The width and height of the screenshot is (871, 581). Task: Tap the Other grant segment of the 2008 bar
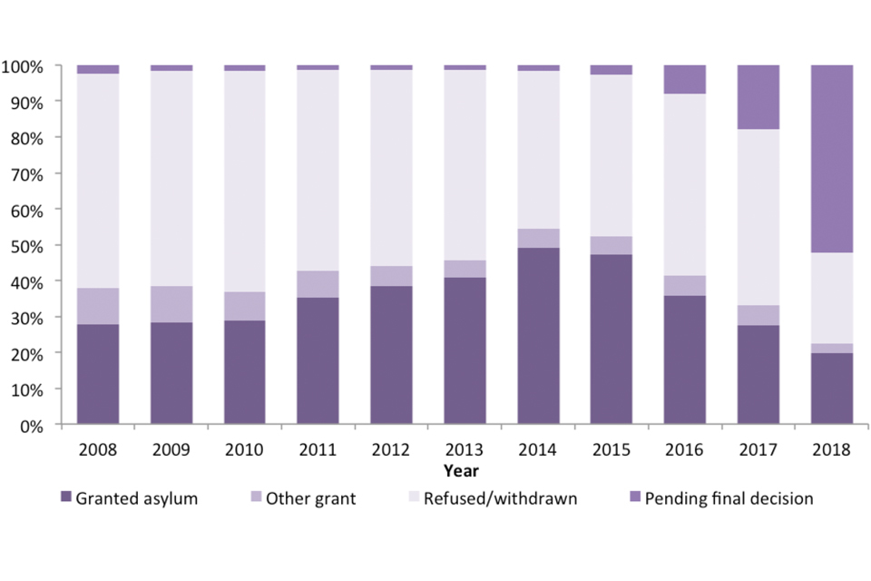98,306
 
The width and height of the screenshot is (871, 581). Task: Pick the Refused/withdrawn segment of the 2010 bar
244,182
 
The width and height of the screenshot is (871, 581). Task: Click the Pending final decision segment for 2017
758,97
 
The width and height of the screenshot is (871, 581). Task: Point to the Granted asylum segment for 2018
832,389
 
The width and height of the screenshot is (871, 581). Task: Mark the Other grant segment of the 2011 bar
318,284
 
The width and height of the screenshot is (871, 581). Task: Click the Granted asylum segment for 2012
391,355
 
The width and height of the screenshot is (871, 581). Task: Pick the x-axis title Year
462,471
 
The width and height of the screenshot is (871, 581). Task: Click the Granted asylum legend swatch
65,497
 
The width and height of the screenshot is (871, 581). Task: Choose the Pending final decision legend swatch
633,497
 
